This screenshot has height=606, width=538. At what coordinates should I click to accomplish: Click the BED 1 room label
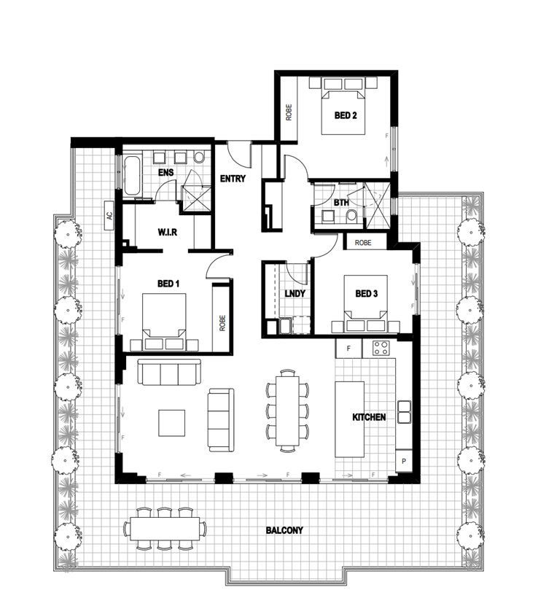point(168,283)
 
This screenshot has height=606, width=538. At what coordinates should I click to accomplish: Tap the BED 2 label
point(345,115)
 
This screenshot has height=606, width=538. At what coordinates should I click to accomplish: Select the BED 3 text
point(367,294)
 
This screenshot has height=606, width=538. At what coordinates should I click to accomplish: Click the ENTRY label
point(233,178)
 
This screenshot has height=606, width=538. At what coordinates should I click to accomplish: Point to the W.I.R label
point(168,233)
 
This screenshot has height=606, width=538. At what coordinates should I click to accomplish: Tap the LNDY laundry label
point(294,294)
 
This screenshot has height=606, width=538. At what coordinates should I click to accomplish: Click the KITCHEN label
point(369,417)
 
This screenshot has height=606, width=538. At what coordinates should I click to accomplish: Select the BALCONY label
point(284,530)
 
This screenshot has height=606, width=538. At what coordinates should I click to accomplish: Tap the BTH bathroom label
point(340,203)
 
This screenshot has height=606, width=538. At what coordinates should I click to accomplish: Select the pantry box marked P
point(404,463)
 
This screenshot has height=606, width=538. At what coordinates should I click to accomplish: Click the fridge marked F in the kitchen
point(348,349)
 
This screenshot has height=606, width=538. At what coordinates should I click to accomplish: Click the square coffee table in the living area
point(173,422)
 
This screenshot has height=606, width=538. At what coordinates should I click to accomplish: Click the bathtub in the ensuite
point(131,176)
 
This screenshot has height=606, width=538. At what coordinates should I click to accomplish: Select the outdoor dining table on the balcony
point(164,527)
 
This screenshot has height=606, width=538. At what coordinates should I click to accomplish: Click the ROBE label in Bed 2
point(289,110)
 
